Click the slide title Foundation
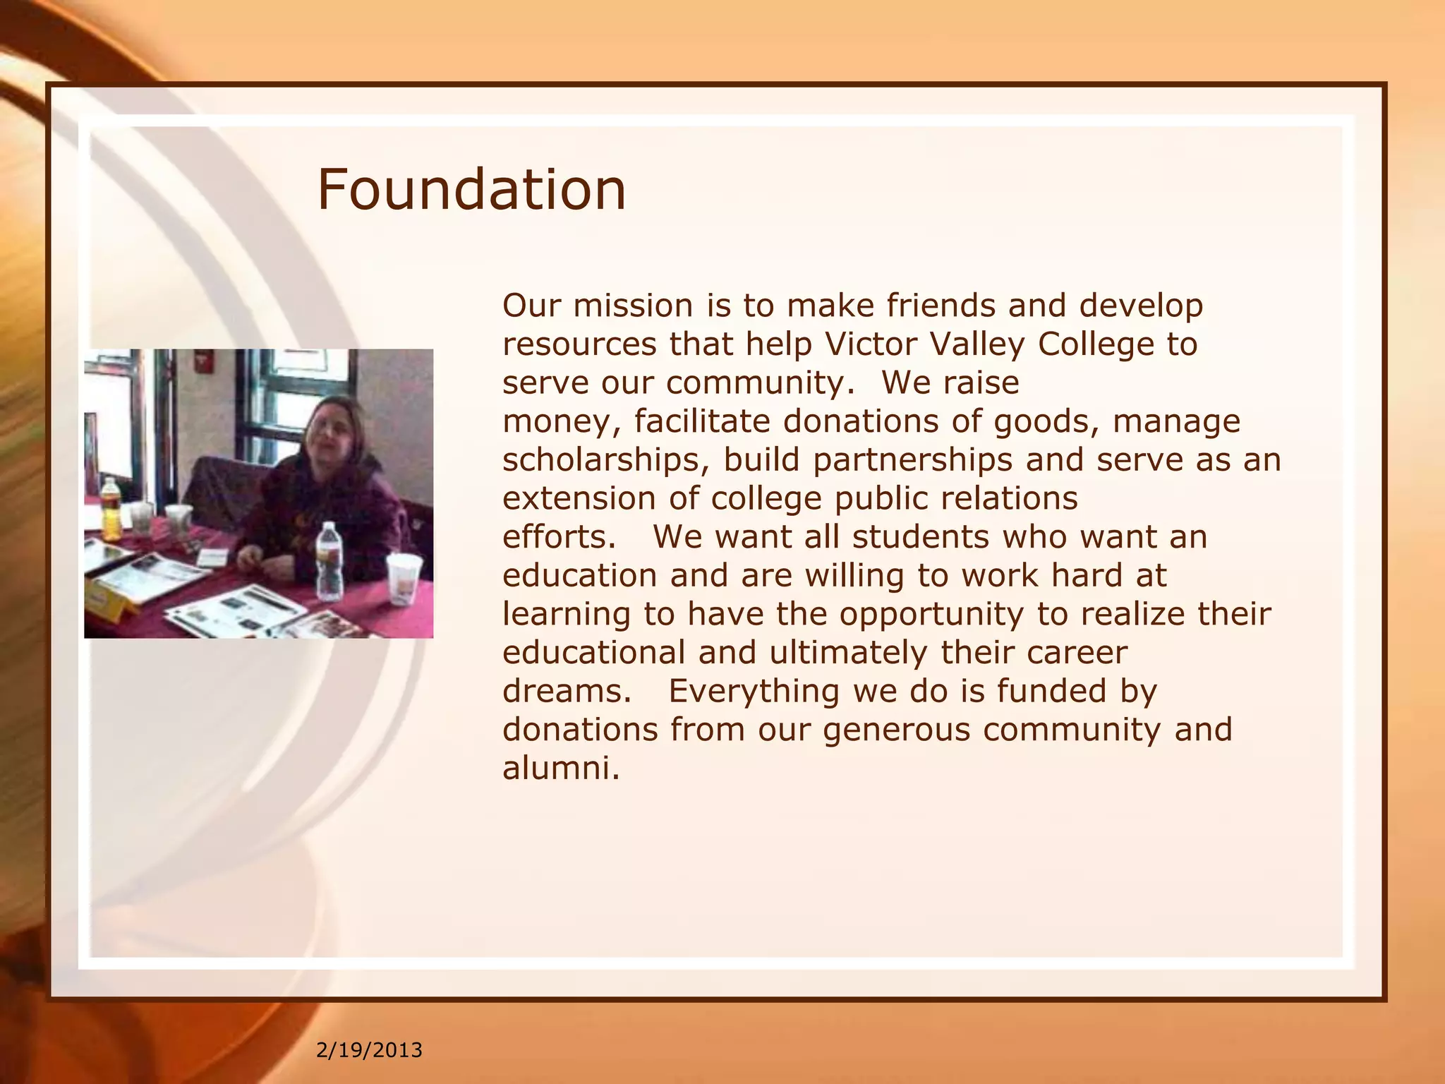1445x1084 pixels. click(x=471, y=190)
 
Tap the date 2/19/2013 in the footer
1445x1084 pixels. click(x=369, y=1050)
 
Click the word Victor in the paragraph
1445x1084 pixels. click(x=870, y=344)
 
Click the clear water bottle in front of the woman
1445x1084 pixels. click(x=329, y=560)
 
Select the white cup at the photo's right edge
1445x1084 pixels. click(x=404, y=578)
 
